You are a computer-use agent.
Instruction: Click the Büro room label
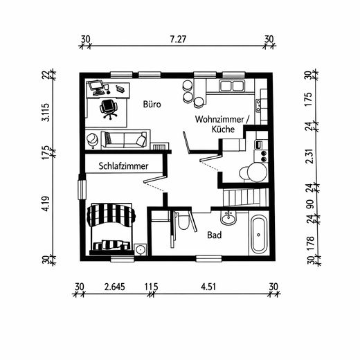coord(152,105)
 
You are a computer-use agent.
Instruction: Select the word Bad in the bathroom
coord(215,235)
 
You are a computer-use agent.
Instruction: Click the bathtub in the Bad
coord(259,235)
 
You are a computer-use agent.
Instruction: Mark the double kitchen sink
coord(231,87)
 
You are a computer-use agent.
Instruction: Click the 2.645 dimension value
coord(114,286)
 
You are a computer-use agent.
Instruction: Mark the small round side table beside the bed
coord(141,249)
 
